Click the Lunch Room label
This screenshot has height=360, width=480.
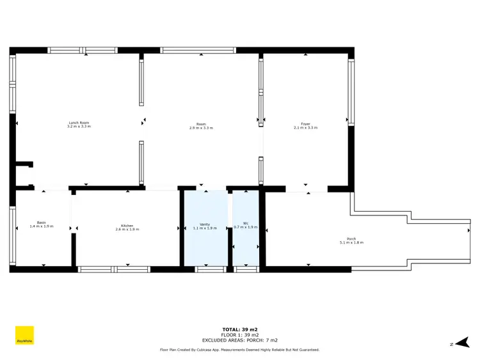pos(79,123)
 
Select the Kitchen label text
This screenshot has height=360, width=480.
pos(127,225)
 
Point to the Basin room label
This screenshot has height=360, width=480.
pos(42,223)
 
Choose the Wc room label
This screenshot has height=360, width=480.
pos(245,223)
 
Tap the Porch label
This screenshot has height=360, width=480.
pos(351,239)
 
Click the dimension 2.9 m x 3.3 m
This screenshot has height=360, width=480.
pos(201,128)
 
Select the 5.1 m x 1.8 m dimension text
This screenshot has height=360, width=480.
pos(351,243)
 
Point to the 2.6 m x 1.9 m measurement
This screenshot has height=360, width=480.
pos(127,229)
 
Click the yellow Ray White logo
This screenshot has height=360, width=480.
pos(24,336)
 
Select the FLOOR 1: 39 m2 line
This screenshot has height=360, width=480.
pos(239,335)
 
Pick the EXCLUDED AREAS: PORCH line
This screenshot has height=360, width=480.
pos(239,340)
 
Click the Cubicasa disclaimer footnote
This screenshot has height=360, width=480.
pos(239,350)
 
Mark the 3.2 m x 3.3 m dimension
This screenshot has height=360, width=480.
pos(79,127)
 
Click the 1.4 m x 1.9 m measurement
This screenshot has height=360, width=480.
pos(42,226)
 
